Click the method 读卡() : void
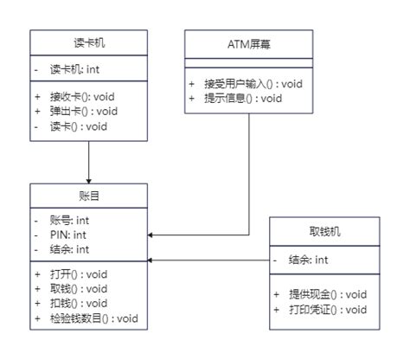pos(78,125)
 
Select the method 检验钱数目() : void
pos(93,318)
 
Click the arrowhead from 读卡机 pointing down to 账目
pos(88,178)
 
